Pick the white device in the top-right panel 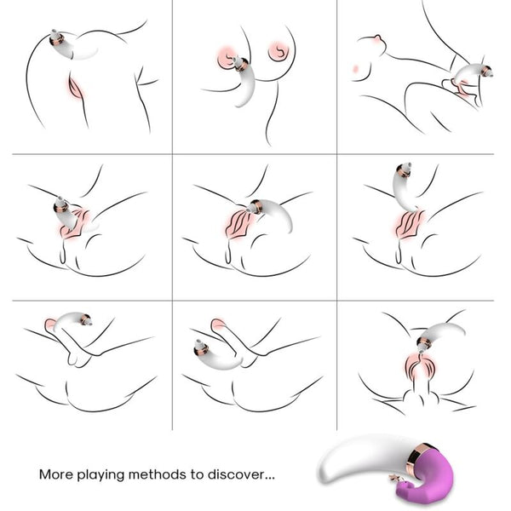point(473,78)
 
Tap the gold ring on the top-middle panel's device point(241,63)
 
